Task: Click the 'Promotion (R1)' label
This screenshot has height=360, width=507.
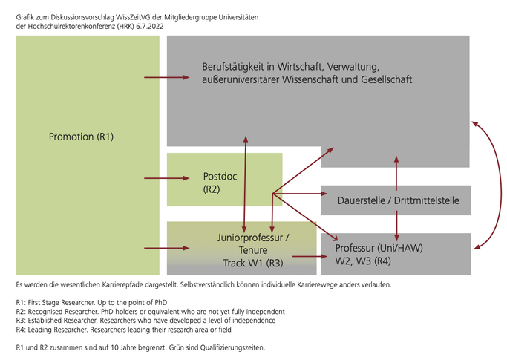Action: click(81, 137)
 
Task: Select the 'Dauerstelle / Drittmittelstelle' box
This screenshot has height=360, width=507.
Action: click(396, 200)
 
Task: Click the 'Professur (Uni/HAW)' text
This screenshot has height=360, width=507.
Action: click(379, 248)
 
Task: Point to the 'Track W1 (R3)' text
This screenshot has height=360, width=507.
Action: click(253, 264)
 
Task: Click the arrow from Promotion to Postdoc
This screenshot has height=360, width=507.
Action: click(166, 178)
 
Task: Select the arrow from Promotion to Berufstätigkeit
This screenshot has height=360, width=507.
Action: click(166, 77)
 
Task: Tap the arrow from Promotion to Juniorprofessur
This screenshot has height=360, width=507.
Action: click(166, 248)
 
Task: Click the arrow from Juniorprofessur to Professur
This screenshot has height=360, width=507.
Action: click(310, 257)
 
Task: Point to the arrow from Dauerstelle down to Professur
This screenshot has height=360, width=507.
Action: click(396, 226)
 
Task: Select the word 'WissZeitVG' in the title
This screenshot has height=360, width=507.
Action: click(133, 17)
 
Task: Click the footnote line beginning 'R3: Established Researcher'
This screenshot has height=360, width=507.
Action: click(145, 321)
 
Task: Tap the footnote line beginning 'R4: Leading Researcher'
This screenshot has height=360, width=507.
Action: click(124, 330)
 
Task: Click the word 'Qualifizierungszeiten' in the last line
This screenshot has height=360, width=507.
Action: click(232, 347)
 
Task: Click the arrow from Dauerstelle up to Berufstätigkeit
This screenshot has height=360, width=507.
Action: click(396, 174)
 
